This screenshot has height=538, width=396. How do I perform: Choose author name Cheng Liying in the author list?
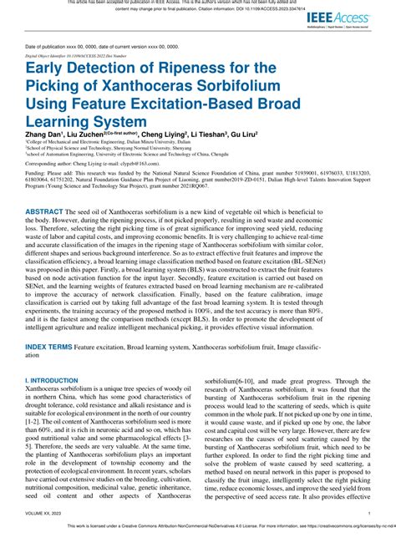[166, 134]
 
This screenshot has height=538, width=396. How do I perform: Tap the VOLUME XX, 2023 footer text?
[49, 515]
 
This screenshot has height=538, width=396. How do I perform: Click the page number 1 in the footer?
[368, 515]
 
